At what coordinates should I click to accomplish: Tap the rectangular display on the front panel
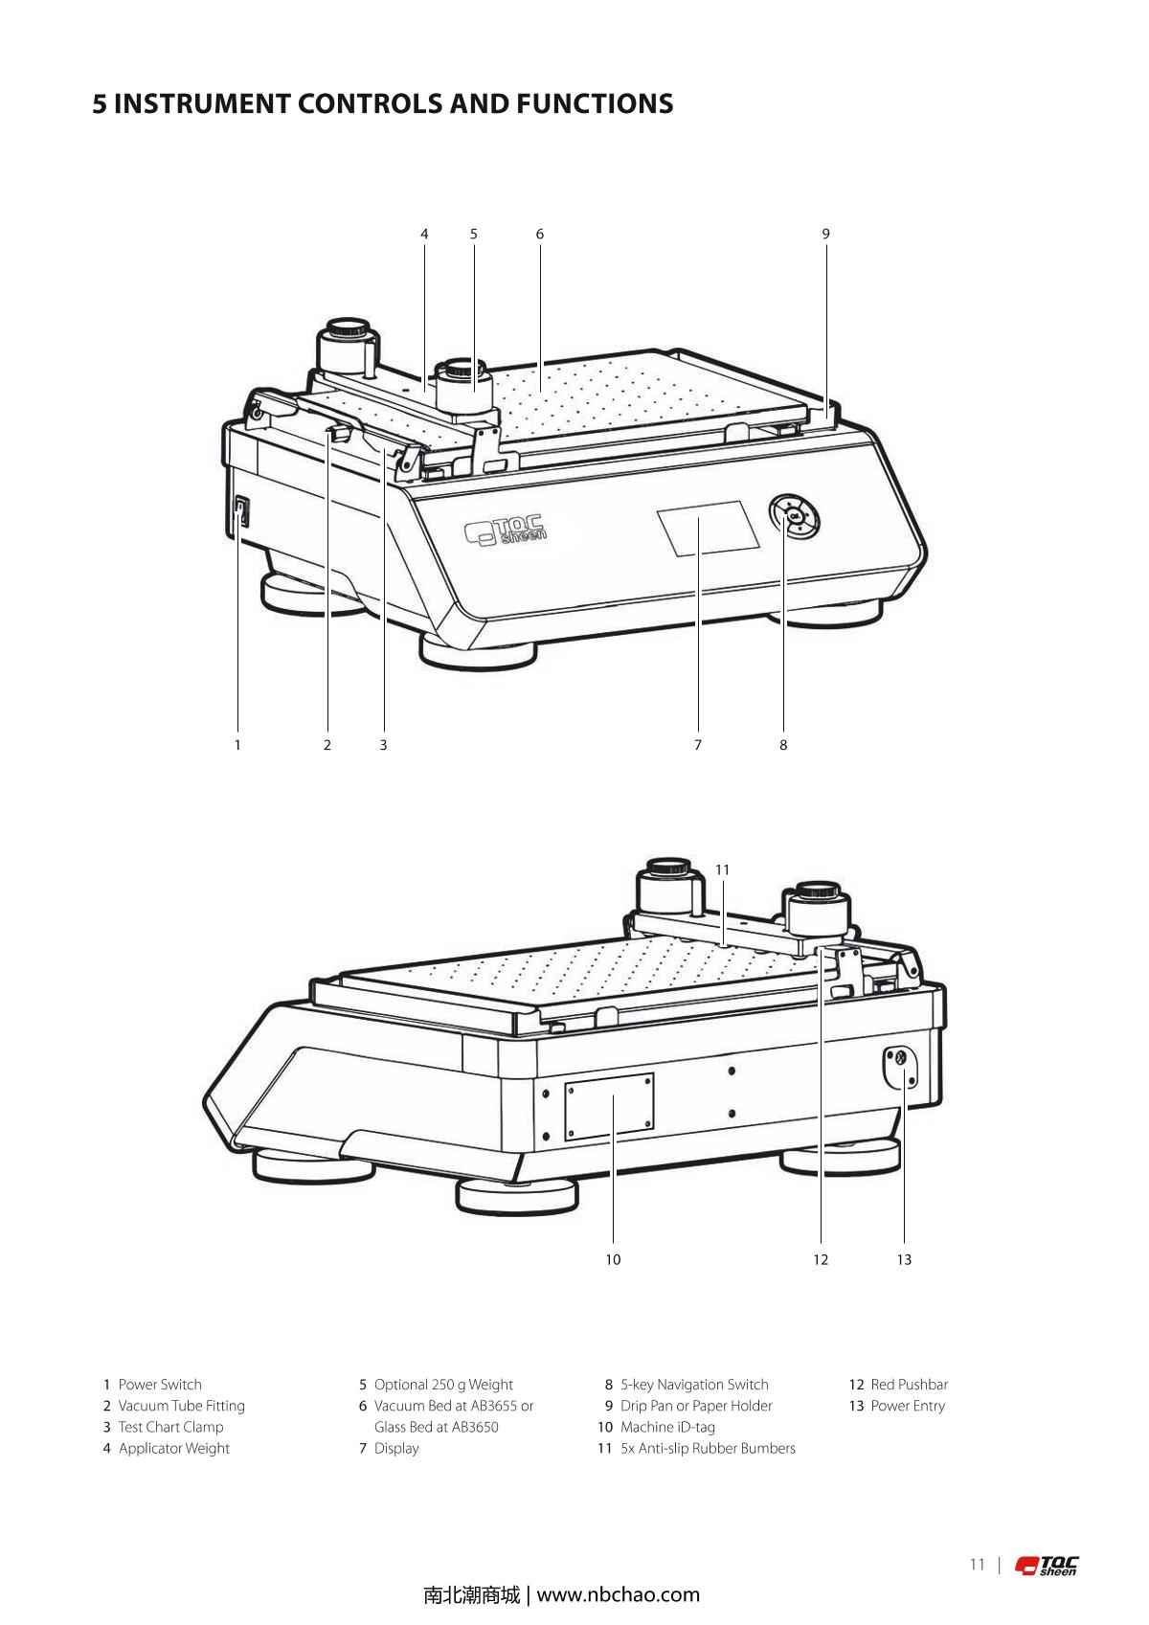708,528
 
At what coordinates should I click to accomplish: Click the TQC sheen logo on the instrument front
507,529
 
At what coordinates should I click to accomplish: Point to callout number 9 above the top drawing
825,234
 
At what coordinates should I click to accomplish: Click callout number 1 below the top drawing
237,745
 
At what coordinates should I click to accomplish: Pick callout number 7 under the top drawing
698,745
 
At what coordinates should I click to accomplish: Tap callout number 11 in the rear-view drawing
722,869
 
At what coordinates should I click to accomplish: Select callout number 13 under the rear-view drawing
904,1259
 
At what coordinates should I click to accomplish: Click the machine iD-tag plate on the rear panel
610,1106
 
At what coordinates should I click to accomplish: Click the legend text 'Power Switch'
160,1385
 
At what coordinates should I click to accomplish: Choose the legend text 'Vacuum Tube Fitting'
181,1406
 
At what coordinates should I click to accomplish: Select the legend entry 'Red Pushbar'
909,1385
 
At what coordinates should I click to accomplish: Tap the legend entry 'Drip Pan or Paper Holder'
696,1406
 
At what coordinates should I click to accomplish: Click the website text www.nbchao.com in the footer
619,1594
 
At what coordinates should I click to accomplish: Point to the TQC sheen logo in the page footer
1047,1566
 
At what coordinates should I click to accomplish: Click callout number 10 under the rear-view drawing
613,1259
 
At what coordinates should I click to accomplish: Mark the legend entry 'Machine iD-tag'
667,1427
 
